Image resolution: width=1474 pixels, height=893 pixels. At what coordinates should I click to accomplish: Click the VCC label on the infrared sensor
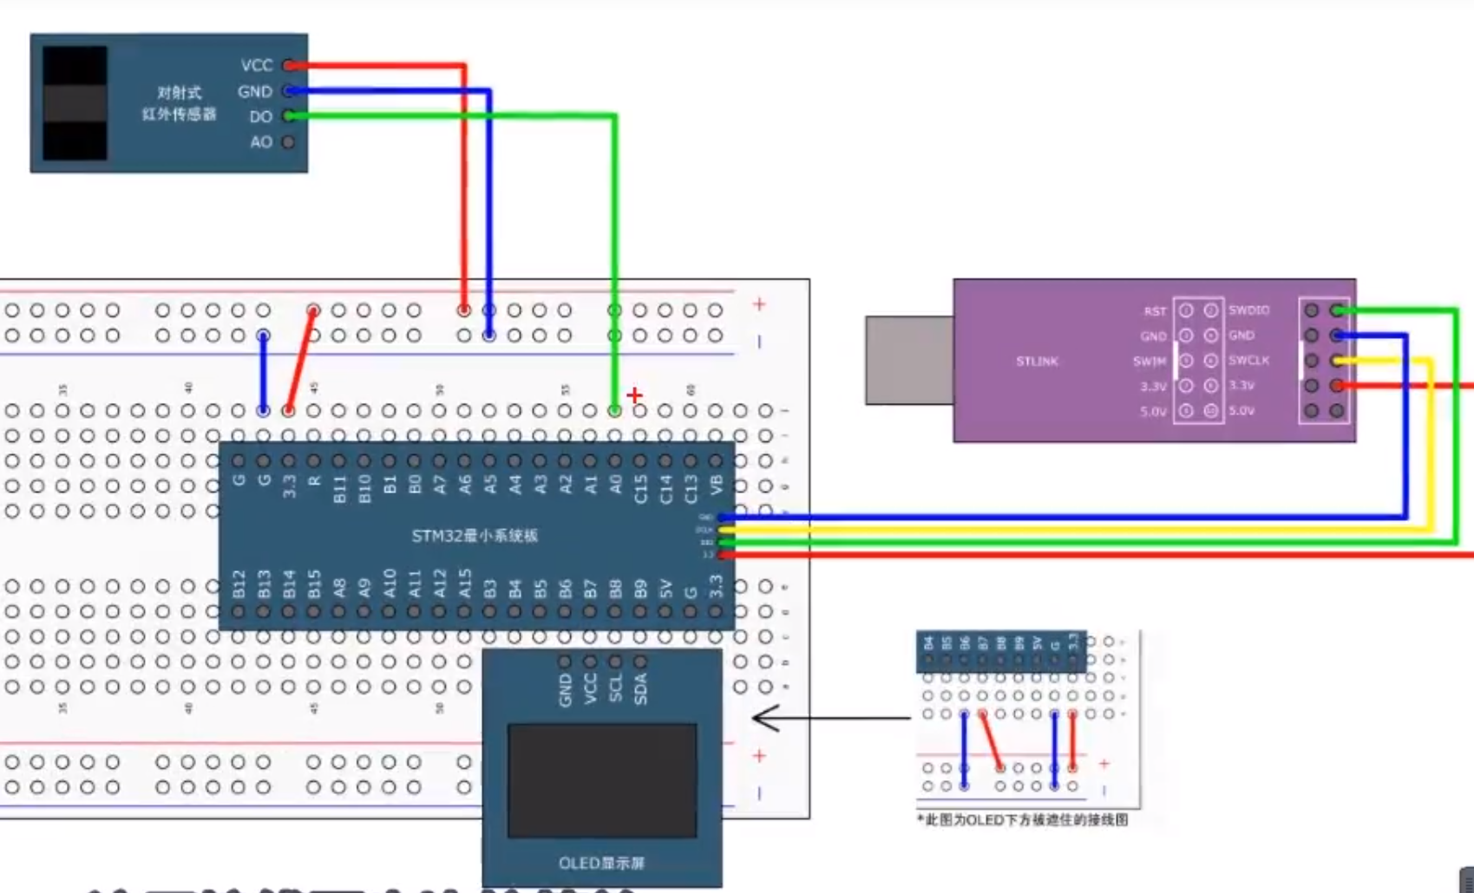click(x=256, y=66)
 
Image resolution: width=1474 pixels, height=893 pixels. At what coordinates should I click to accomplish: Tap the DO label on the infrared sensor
click(x=260, y=117)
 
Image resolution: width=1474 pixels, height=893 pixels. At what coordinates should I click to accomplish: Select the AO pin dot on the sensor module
click(x=288, y=142)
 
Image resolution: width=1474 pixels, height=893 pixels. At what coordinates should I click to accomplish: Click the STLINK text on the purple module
click(x=1037, y=362)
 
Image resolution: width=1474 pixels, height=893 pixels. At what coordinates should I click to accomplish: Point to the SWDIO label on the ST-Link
click(x=1248, y=310)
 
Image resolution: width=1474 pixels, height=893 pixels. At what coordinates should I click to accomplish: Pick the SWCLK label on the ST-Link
click(x=1248, y=361)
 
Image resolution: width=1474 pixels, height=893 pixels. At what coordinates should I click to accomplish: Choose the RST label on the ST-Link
click(x=1155, y=311)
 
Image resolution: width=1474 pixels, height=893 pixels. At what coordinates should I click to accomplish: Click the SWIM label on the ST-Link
click(x=1150, y=362)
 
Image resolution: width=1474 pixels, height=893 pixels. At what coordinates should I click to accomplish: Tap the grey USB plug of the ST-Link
click(x=908, y=361)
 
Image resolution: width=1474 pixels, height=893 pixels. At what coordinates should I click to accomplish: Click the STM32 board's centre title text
click(x=475, y=536)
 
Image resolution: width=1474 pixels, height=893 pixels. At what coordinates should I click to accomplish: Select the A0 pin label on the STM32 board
click(x=615, y=485)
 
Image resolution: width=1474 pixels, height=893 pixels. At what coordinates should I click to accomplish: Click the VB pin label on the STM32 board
click(x=716, y=485)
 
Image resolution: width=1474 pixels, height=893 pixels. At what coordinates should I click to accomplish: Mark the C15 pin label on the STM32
click(x=640, y=488)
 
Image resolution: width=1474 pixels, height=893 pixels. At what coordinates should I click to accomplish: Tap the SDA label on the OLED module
click(x=640, y=688)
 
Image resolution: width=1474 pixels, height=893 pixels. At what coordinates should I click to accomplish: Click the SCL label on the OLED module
click(x=615, y=688)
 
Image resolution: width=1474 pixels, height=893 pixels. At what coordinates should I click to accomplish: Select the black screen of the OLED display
click(x=602, y=781)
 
